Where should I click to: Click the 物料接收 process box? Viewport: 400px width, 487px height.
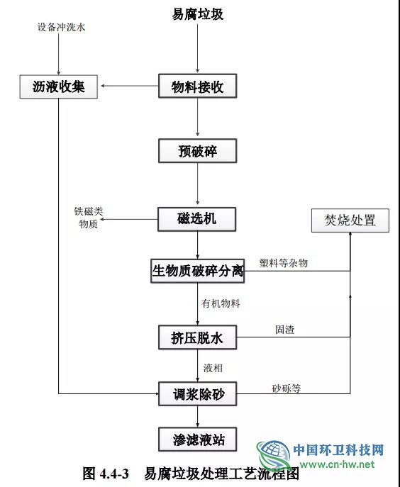(x=197, y=86)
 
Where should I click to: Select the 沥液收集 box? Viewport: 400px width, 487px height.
(x=58, y=86)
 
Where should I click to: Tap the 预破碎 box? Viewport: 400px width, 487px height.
(x=197, y=151)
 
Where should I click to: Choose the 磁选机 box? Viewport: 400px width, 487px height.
(x=196, y=219)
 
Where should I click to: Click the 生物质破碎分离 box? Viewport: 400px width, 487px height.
(x=197, y=271)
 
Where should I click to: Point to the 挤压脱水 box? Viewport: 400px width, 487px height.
(x=197, y=337)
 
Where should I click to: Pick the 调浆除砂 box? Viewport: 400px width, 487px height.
(x=197, y=394)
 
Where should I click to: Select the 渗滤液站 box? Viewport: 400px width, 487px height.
(x=197, y=440)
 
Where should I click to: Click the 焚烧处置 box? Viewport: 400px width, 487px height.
(x=350, y=220)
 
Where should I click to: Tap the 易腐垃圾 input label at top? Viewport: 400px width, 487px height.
(x=198, y=14)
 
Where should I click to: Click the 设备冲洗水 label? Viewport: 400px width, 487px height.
(x=61, y=27)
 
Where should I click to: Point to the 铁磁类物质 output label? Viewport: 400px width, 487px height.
(x=88, y=218)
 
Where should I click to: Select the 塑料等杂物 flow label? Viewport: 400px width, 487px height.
(x=284, y=263)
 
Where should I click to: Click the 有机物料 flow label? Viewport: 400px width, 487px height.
(x=221, y=303)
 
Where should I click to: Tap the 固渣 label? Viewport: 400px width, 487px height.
(x=284, y=330)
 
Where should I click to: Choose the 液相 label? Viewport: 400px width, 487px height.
(x=213, y=368)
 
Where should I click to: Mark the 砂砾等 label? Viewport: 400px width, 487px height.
(x=287, y=388)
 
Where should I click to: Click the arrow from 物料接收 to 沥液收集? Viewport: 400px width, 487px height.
(x=130, y=86)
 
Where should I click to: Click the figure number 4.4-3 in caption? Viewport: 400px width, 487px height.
(x=114, y=474)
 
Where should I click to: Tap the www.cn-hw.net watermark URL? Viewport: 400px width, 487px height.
(x=337, y=464)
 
